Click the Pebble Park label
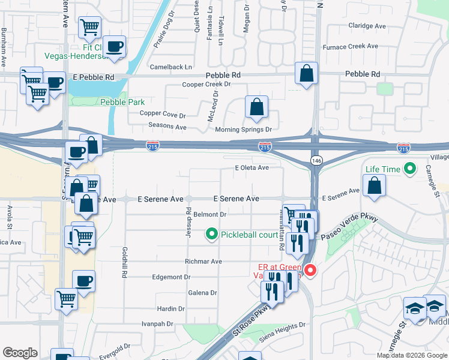pyautogui.click(x=122, y=102)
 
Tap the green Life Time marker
pyautogui.click(x=411, y=169)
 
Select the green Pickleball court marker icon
pyautogui.click(x=211, y=234)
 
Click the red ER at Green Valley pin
pyautogui.click(x=310, y=271)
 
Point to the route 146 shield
pyautogui.click(x=316, y=160)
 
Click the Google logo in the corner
pyautogui.click(x=20, y=352)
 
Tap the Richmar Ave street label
pyautogui.click(x=204, y=262)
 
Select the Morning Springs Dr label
pyautogui.click(x=244, y=129)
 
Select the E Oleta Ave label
pyautogui.click(x=252, y=167)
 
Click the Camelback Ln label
pyautogui.click(x=170, y=67)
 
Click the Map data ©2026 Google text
pyautogui.click(x=411, y=355)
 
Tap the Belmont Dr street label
pyautogui.click(x=209, y=214)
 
